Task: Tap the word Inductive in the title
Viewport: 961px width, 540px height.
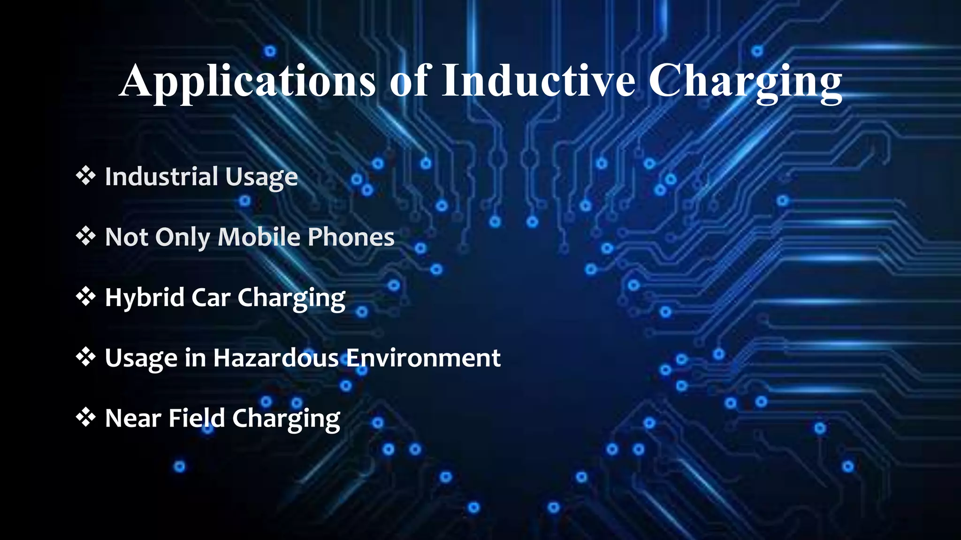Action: click(x=539, y=81)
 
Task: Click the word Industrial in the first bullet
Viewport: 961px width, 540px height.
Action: click(x=161, y=176)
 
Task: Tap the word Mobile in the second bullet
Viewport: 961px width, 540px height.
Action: click(x=259, y=237)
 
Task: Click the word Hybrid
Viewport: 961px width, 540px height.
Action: click(x=144, y=298)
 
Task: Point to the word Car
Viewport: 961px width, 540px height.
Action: click(x=211, y=298)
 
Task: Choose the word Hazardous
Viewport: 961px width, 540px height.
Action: click(x=276, y=358)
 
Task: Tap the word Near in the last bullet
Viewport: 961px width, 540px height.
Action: click(x=133, y=418)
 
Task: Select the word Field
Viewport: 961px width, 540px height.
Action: click(x=197, y=418)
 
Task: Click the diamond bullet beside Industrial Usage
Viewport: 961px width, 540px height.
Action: click(x=85, y=176)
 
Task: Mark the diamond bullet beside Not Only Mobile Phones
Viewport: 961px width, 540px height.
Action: click(x=85, y=236)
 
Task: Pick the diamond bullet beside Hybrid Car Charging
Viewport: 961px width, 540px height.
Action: click(x=85, y=297)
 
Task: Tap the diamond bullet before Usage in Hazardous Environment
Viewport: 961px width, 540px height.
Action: click(x=85, y=357)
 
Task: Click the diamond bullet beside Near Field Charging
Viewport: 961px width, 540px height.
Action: click(x=85, y=417)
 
